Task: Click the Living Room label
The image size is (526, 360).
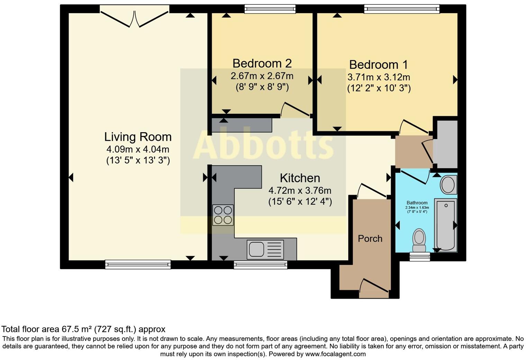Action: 138,137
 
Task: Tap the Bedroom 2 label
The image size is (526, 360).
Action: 262,63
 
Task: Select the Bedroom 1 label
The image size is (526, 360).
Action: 378,65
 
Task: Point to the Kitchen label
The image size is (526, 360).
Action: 300,178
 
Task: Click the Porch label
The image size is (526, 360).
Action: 370,239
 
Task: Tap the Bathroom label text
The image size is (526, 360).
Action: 417,203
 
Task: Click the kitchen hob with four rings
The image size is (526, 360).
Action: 223,215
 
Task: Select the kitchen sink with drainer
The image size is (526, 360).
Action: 265,250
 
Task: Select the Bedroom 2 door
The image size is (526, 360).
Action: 295,109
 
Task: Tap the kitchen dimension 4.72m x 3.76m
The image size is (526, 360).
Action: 300,191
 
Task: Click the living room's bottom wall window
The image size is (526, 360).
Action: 138,265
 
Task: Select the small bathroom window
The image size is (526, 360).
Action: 419,256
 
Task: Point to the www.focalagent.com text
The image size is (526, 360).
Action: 336,354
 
